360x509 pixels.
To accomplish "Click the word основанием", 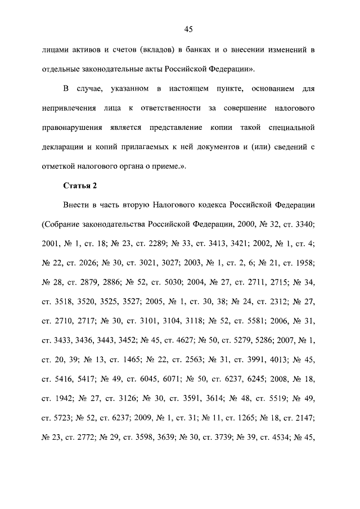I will (x=265, y=88).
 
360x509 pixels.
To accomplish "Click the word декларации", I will (x=62, y=147).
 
